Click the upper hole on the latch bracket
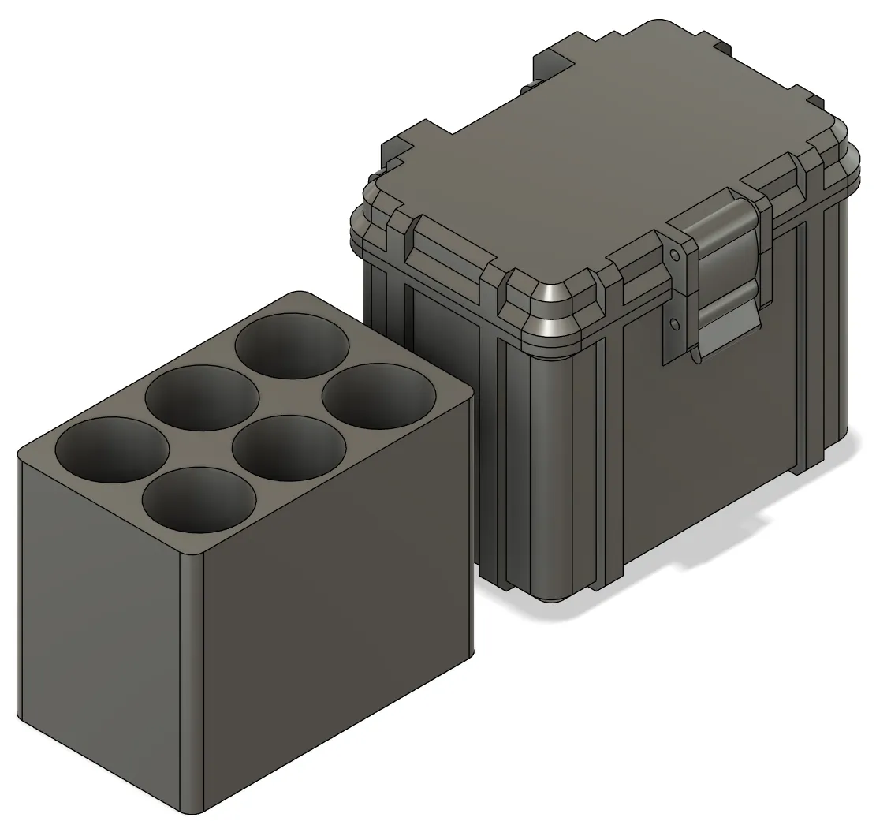675,255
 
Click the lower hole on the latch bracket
675,322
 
